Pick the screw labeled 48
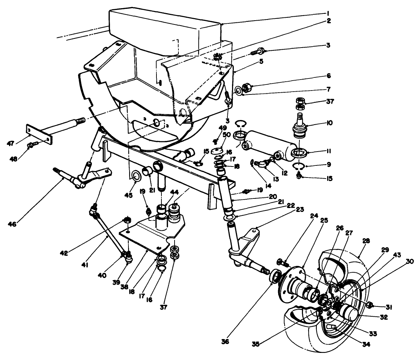31,146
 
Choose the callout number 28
366,240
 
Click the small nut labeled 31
369,305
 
